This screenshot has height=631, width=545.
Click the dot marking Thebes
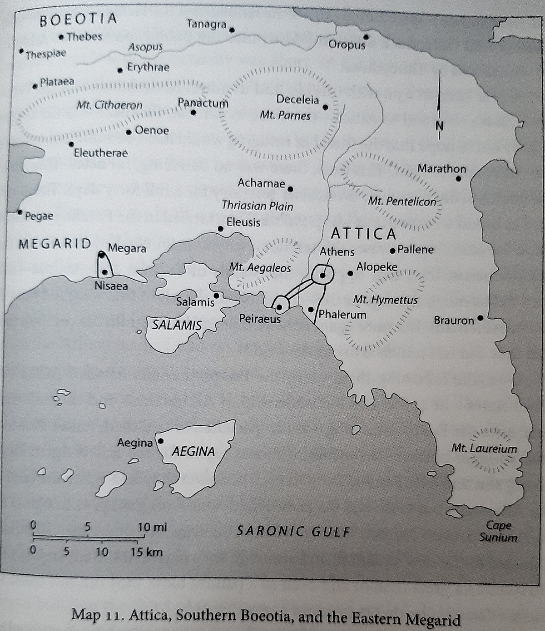(x=61, y=37)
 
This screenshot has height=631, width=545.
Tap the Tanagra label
(x=207, y=24)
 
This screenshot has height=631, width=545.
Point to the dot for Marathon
(x=458, y=179)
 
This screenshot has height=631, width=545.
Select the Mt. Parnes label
(x=285, y=115)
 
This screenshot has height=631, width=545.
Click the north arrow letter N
(x=439, y=126)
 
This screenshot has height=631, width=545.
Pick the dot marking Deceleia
(x=325, y=107)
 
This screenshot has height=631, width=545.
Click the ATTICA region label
(x=363, y=234)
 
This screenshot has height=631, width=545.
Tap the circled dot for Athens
(x=322, y=275)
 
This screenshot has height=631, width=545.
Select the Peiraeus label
(x=260, y=319)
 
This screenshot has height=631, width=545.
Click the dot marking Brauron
(x=481, y=318)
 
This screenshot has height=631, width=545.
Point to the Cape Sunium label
(x=498, y=532)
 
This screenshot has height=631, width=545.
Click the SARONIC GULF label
(x=294, y=531)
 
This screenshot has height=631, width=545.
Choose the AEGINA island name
(x=193, y=451)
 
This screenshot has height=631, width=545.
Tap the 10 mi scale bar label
(x=152, y=527)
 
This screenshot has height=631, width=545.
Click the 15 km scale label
(x=146, y=552)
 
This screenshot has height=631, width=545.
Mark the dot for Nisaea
(x=105, y=272)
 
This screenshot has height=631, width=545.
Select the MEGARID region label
(x=55, y=244)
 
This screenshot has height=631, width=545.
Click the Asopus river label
(x=145, y=47)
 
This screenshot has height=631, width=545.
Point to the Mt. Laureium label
(x=484, y=449)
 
